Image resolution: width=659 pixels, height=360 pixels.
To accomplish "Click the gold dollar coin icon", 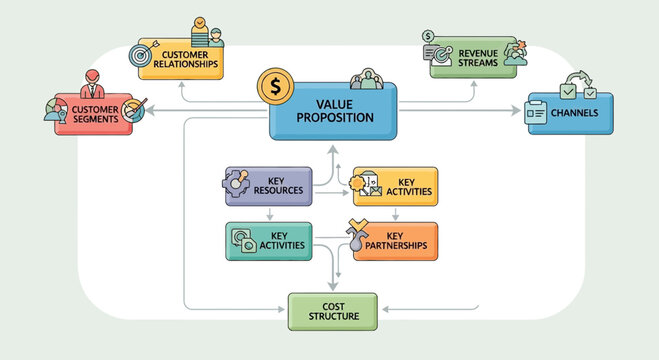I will (x=274, y=87).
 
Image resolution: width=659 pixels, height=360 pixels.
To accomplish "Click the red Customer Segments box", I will (x=95, y=114).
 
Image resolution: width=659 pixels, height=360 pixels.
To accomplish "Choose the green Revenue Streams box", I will (x=470, y=60).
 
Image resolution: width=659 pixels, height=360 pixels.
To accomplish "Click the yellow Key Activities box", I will (x=395, y=185).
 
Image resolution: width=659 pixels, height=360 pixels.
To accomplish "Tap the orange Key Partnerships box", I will (x=395, y=241).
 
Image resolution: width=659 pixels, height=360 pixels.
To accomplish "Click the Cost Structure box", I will (x=332, y=312).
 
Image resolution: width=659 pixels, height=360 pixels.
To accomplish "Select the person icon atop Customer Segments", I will (x=91, y=80).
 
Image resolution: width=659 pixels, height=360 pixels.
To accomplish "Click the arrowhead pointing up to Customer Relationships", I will (x=181, y=85).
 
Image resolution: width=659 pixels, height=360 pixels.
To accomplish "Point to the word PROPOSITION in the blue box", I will (x=335, y=118).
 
